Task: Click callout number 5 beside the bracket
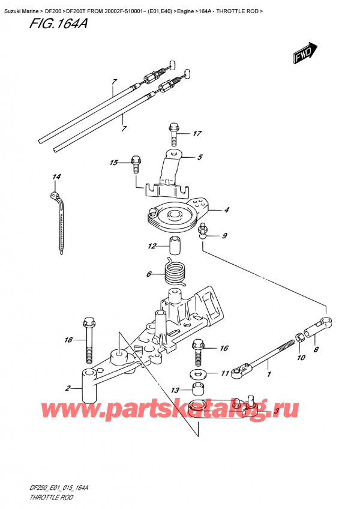coord(199,158)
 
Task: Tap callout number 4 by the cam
coord(226,210)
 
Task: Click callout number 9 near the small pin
coord(224,236)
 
